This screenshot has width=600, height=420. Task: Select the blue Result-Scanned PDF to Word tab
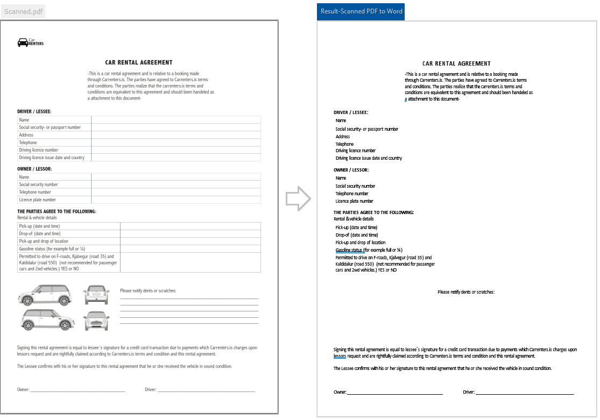click(361, 11)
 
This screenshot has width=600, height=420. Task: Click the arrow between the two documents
click(298, 199)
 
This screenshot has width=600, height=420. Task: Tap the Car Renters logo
click(31, 42)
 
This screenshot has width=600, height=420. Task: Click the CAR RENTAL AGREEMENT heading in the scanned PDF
click(139, 62)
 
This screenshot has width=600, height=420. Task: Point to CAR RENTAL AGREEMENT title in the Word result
click(456, 63)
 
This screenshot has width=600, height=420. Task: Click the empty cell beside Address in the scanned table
click(175, 135)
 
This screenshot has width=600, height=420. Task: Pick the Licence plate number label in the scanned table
click(38, 200)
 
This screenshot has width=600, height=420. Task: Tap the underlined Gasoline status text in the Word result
click(349, 250)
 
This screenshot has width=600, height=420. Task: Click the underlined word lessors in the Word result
click(340, 356)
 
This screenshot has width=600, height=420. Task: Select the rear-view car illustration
click(96, 295)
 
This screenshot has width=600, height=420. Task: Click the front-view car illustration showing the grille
click(96, 321)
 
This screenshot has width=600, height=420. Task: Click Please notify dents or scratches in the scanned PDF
click(148, 290)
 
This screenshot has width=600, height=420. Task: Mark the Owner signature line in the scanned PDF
click(77, 390)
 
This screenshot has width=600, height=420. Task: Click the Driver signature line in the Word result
click(524, 393)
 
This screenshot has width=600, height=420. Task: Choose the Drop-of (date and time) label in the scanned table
click(40, 233)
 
